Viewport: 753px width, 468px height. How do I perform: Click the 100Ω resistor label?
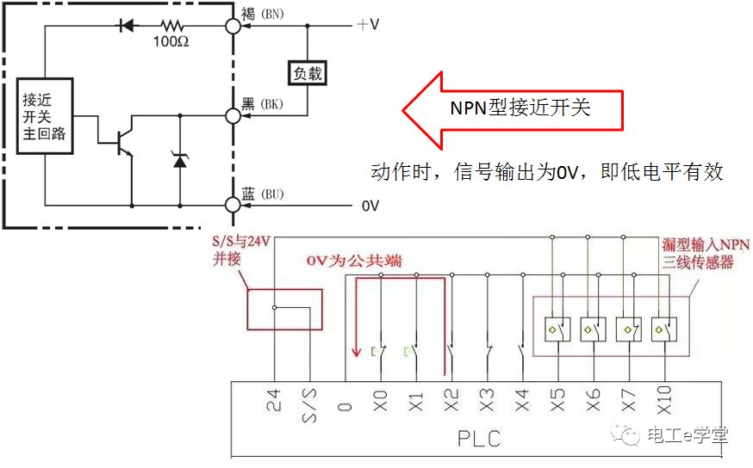(171, 41)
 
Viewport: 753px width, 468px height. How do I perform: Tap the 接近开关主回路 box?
(43, 115)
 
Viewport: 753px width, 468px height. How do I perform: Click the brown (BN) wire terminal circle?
(233, 25)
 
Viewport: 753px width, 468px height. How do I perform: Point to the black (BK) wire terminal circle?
(233, 114)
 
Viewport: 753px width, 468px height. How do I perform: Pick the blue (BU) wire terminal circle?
(233, 205)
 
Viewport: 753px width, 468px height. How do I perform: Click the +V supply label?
(368, 24)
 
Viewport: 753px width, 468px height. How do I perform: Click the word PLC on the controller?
(479, 439)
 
